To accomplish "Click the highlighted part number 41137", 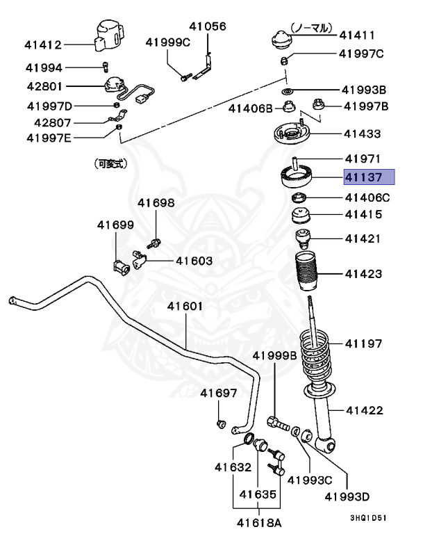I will pyautogui.click(x=369, y=177).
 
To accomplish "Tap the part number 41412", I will pyautogui.click(x=43, y=45).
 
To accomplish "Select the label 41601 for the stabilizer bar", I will pyautogui.click(x=184, y=306).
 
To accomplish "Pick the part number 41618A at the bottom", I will pyautogui.click(x=258, y=521).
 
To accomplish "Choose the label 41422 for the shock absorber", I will pyautogui.click(x=364, y=410).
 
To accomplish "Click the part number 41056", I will pyautogui.click(x=208, y=26).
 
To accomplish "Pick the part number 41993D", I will pyautogui.click(x=347, y=496).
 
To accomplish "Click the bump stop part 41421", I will pyautogui.click(x=304, y=238).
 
